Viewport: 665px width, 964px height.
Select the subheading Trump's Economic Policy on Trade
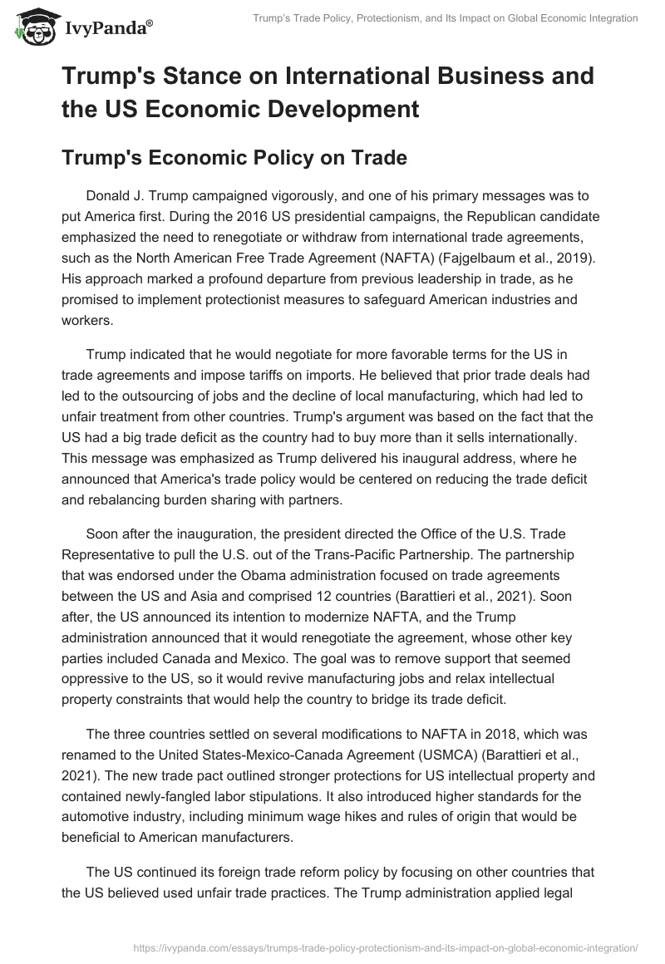[234, 157]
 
